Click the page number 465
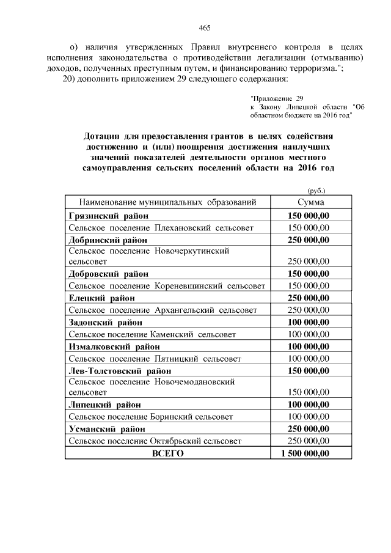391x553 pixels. (x=205, y=27)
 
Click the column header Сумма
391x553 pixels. (x=310, y=202)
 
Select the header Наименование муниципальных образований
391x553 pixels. (x=167, y=202)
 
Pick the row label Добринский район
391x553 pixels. (x=109, y=240)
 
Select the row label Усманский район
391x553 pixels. (x=106, y=429)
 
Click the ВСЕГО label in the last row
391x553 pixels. (x=167, y=453)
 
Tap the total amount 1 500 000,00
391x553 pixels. (x=305, y=453)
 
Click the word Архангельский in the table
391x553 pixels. (x=186, y=310)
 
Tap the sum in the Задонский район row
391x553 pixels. (x=309, y=322)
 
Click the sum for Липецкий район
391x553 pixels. (x=309, y=405)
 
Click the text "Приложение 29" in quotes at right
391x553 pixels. (x=277, y=98)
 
